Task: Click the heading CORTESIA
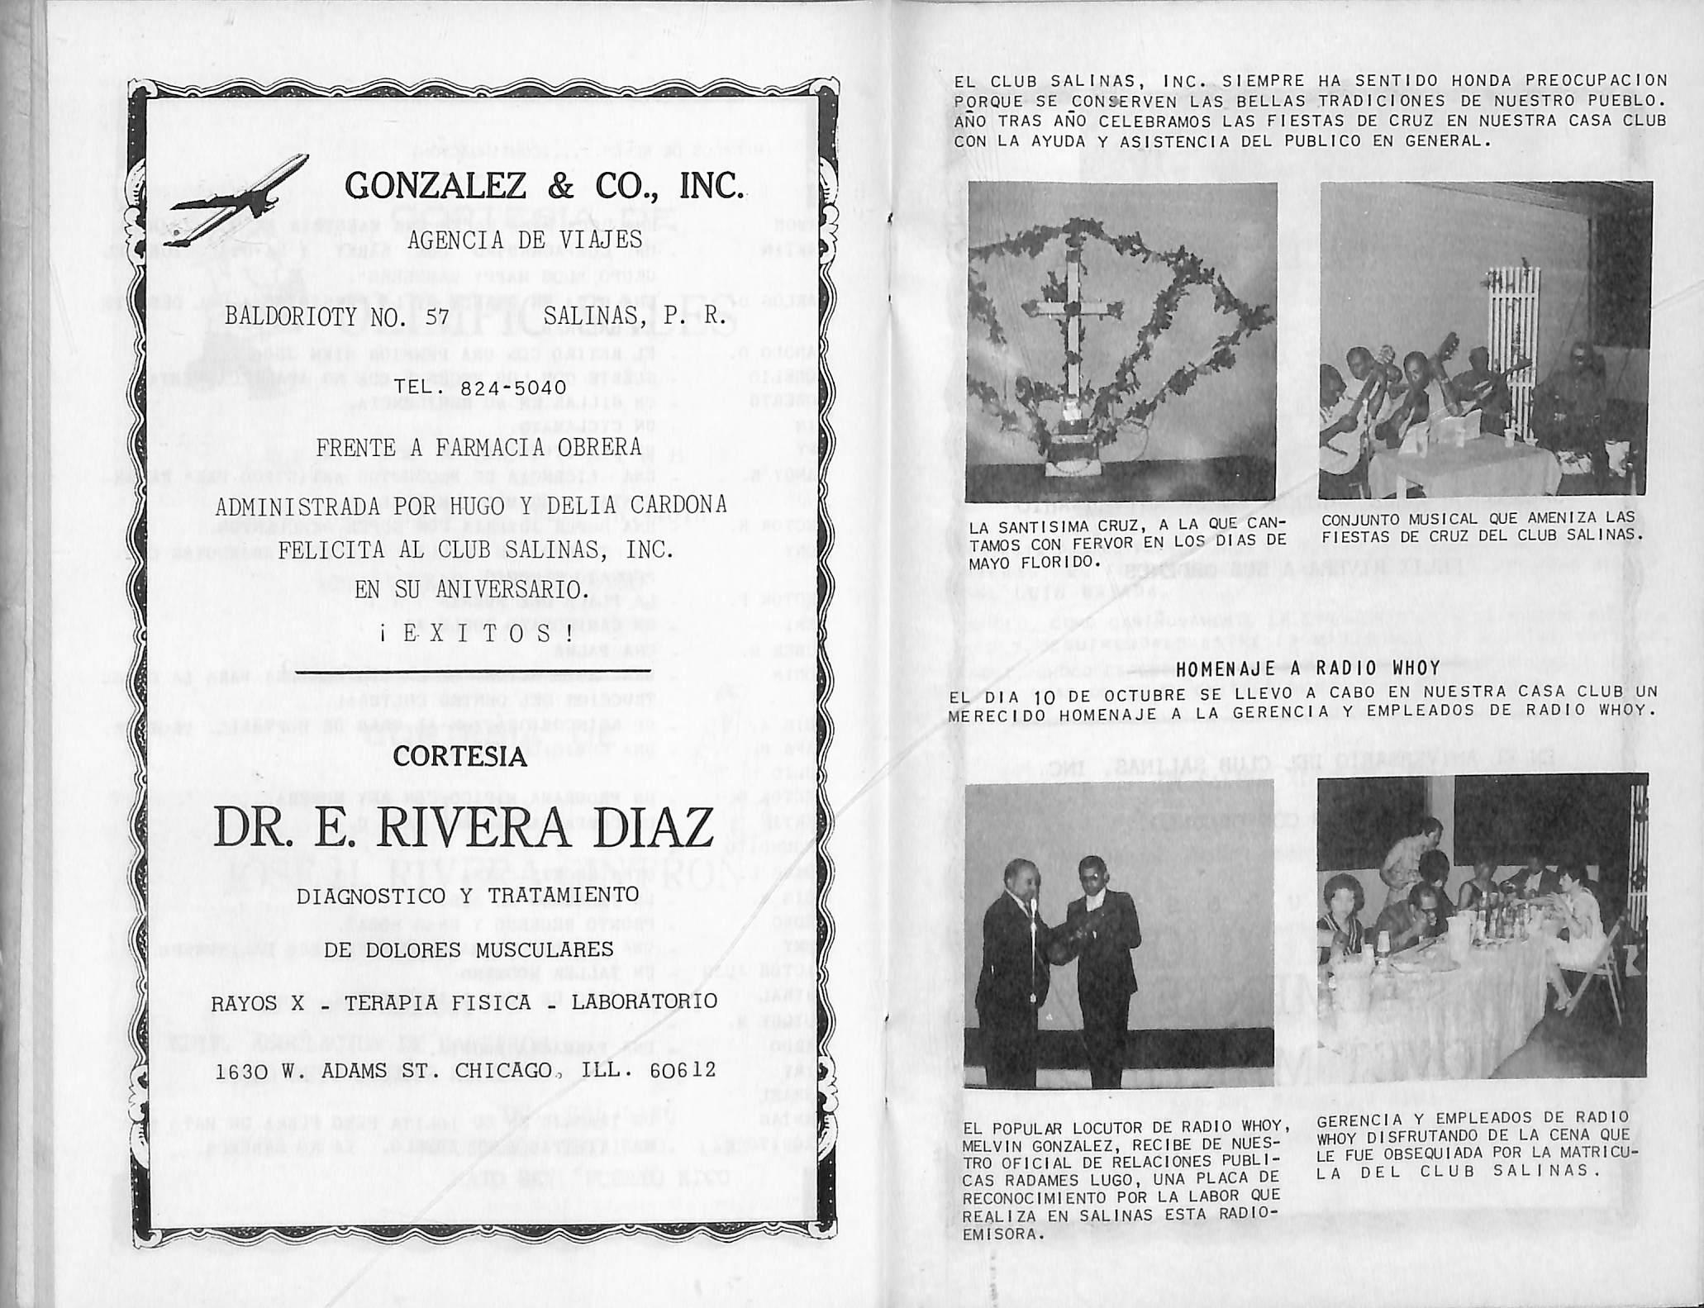[x=459, y=756]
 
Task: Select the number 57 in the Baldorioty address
[x=441, y=316]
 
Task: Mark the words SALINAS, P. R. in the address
[x=634, y=316]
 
